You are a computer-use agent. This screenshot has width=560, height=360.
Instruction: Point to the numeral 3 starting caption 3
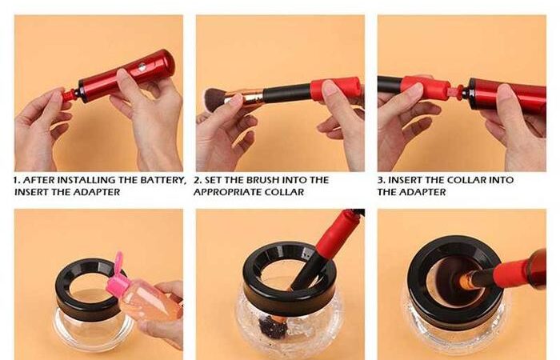pos(380,180)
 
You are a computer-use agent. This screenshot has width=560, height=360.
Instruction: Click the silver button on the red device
pos(142,66)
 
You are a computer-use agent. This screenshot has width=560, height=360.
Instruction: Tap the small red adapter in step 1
pos(69,96)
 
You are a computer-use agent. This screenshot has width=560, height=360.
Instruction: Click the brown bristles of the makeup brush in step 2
pos(215,99)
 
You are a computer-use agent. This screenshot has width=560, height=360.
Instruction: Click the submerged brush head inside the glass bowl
pos(269,324)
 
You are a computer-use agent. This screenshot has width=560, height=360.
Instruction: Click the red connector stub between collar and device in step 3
pos(456,91)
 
